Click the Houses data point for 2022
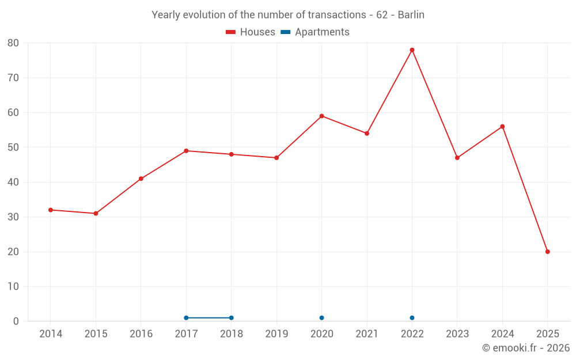(412, 50)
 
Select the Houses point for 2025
(548, 252)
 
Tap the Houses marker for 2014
(51, 210)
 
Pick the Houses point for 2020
(321, 116)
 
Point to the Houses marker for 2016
(141, 179)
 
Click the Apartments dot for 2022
(412, 318)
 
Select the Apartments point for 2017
(186, 318)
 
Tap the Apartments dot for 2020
(321, 318)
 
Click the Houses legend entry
(251, 32)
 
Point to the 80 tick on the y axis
(13, 43)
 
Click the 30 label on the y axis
(13, 217)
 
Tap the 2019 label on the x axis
(276, 334)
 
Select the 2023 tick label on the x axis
(457, 334)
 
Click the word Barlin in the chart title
(411, 15)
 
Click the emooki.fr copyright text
(526, 348)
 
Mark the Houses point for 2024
(502, 127)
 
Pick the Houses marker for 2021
(367, 134)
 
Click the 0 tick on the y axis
(16, 321)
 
